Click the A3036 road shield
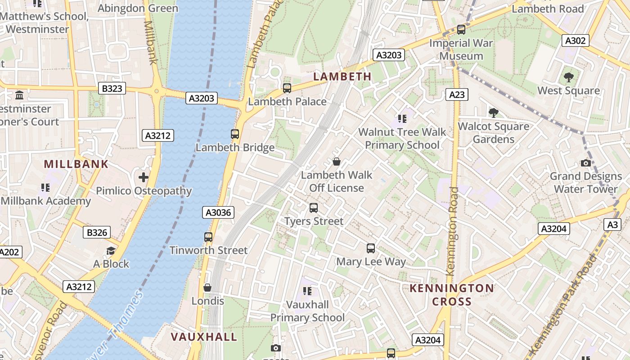[219, 212]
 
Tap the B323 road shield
[112, 88]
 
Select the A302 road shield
[576, 40]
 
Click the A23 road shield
[457, 94]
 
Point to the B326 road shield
[97, 232]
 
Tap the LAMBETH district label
[342, 76]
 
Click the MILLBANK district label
[76, 164]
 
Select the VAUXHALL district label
[204, 337]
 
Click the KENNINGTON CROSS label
[452, 295]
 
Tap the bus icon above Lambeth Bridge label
[235, 134]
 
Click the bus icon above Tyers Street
[314, 208]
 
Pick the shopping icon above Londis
[207, 287]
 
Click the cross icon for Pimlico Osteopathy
[144, 177]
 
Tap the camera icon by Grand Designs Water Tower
[585, 163]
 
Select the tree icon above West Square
[569, 77]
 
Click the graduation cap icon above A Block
[111, 251]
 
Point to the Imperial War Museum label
[461, 49]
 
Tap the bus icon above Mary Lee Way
[371, 248]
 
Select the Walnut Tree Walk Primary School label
[402, 139]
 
